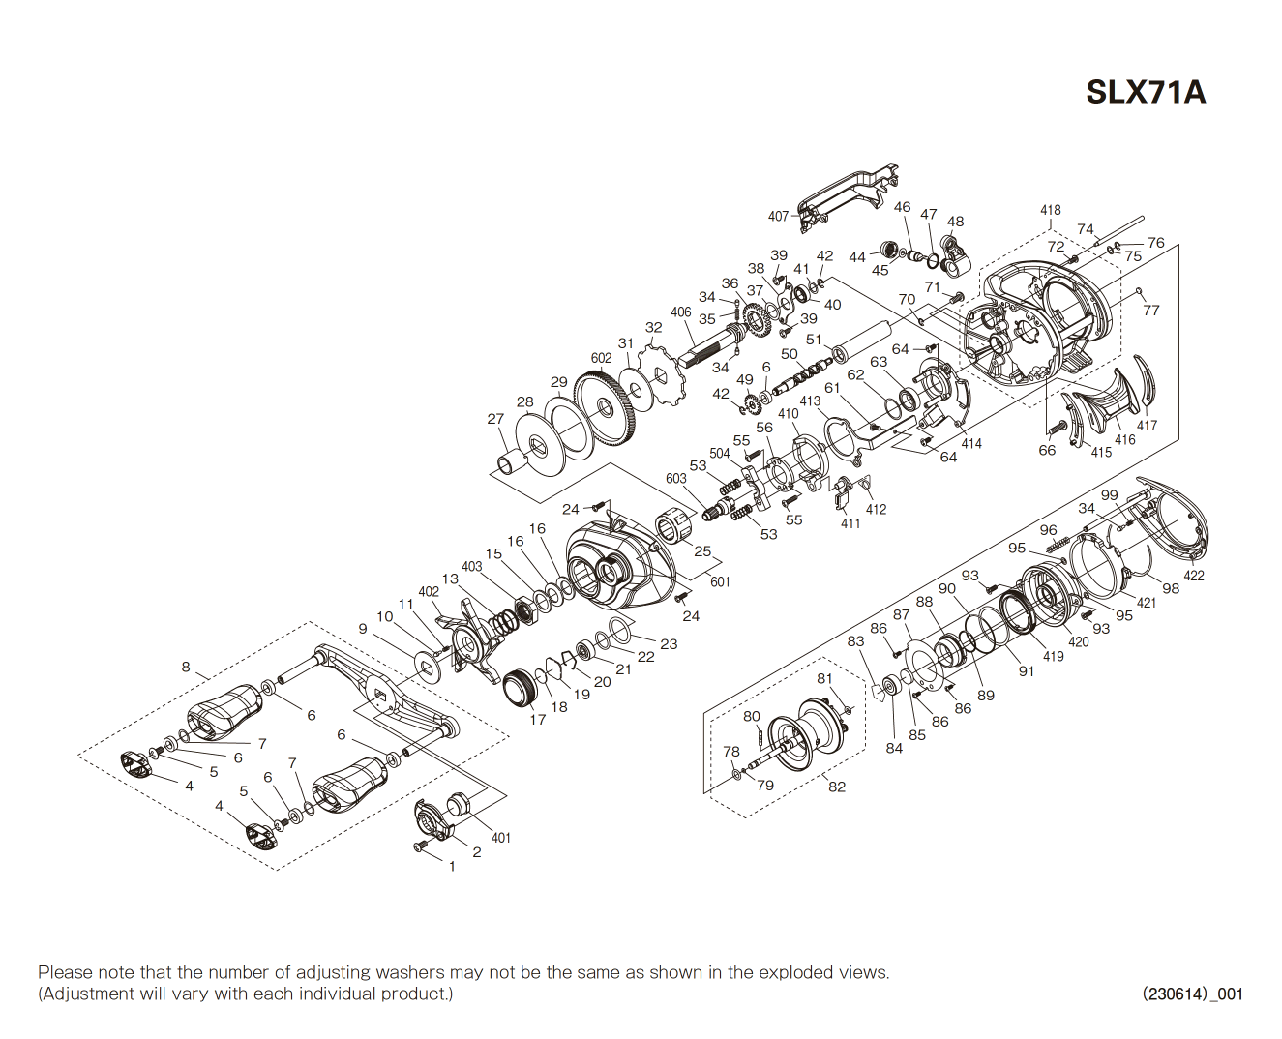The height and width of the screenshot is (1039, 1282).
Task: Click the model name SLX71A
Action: (x=1145, y=92)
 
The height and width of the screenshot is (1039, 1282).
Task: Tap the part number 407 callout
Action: (x=778, y=217)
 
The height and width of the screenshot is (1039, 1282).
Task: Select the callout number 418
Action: (x=1050, y=210)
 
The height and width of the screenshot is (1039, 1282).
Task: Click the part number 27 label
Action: (x=495, y=419)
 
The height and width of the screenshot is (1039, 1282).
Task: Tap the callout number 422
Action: (x=1194, y=576)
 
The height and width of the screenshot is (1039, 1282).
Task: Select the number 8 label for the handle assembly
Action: (x=186, y=667)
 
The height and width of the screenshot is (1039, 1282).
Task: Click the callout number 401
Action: (x=500, y=838)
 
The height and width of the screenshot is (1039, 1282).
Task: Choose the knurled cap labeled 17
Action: (x=521, y=687)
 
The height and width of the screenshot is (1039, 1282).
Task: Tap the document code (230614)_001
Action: (x=1192, y=994)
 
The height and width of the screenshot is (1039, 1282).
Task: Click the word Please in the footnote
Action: (x=65, y=972)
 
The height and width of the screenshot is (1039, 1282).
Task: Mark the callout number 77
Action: (x=1150, y=311)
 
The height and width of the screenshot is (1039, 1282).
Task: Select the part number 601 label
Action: (x=720, y=581)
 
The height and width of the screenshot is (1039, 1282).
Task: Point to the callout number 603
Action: (x=675, y=478)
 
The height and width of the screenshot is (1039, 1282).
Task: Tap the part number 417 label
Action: (x=1147, y=426)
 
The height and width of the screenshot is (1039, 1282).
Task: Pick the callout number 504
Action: (x=719, y=453)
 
